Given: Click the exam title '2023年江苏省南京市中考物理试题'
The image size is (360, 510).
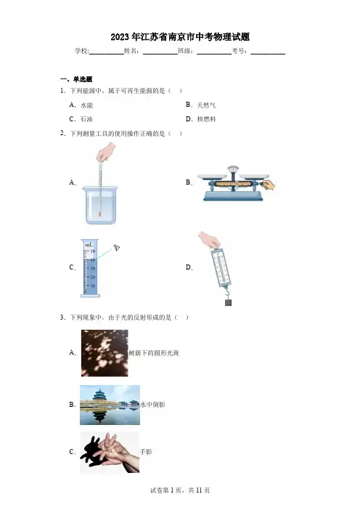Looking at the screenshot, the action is tap(180, 37).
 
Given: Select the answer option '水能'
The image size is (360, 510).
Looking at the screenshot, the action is tap(87, 105).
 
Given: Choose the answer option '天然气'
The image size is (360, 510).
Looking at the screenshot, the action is tap(206, 105).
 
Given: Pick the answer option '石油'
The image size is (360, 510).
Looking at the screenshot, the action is tap(86, 119).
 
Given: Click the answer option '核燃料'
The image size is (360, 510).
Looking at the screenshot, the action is tap(206, 119).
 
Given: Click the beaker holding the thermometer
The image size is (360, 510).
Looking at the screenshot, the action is tap(99, 206).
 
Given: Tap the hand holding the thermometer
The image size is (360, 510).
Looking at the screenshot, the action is tap(106, 153).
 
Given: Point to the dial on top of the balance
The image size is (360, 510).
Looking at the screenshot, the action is tap(233, 169).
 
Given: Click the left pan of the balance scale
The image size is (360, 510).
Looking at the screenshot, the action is tap(212, 177).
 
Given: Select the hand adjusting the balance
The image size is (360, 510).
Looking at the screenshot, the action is tap(269, 185).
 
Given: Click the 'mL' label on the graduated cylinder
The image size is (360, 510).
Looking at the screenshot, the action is tap(89, 244).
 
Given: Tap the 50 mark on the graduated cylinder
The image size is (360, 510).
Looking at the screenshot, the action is tap(93, 251).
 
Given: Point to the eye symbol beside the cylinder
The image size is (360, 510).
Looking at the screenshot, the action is tap(117, 248).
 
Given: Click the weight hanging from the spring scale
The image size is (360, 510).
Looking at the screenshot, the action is tap(229, 302).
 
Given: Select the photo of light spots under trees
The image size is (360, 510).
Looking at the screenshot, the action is tap(105, 353).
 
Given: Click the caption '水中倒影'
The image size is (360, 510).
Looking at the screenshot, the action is tap(152, 405).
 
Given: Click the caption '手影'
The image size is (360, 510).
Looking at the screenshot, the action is tap(146, 452).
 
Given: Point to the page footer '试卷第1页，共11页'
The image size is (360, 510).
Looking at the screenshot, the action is tap(180, 490).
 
